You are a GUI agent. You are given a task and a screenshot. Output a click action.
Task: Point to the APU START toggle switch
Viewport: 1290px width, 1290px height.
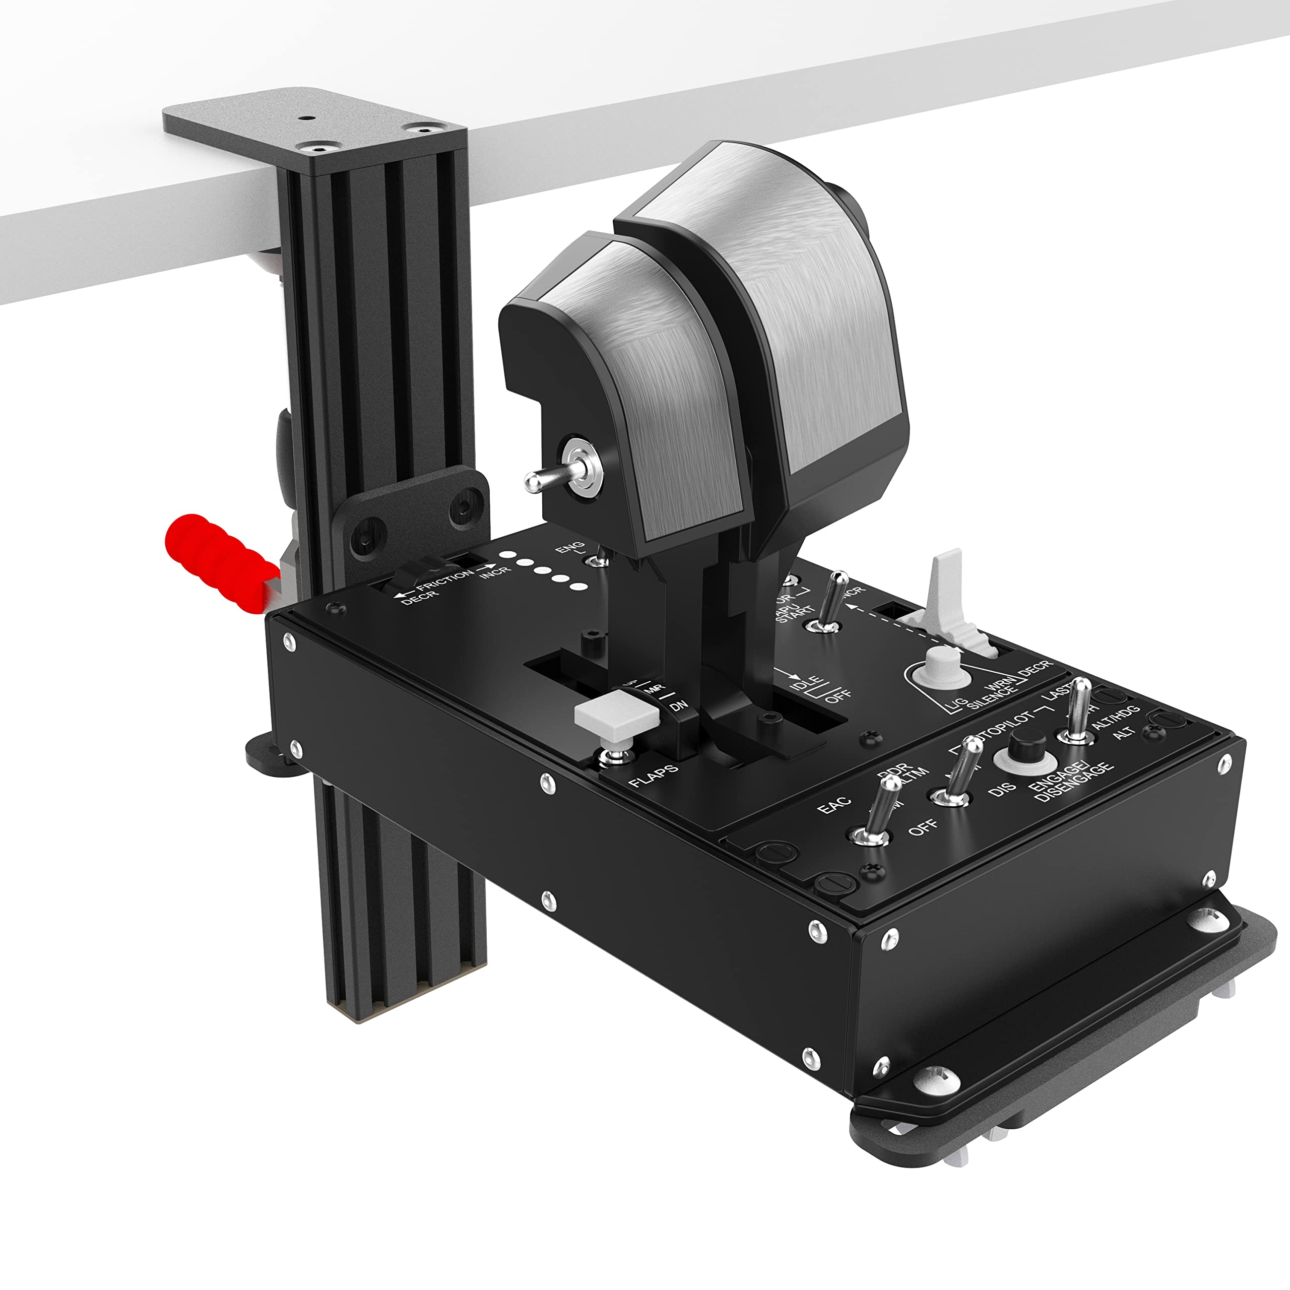831,601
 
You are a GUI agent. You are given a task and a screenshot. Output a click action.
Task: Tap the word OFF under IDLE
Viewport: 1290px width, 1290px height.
838,696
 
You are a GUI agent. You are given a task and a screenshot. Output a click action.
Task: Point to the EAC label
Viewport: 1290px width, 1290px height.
834,805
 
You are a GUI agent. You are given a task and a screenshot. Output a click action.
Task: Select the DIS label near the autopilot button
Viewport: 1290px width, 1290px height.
1002,788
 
